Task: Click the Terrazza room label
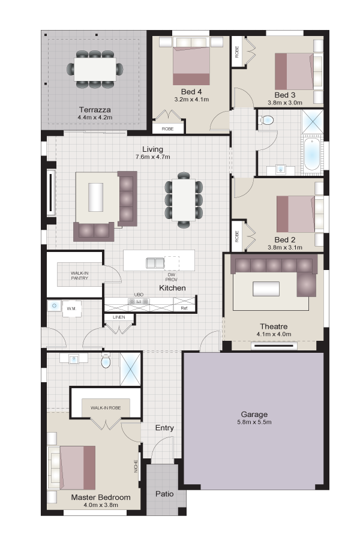click(95, 110)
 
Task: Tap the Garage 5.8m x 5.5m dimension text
click(254, 422)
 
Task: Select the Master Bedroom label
click(101, 497)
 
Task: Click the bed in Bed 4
click(191, 66)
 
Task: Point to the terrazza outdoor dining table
click(95, 69)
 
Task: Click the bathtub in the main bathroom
click(312, 155)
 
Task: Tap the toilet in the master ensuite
click(106, 361)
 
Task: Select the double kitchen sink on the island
click(155, 263)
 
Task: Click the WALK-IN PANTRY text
click(80, 275)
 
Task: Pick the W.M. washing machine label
click(71, 308)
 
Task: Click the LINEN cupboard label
click(119, 317)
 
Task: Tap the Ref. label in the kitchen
click(184, 308)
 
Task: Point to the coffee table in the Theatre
click(266, 289)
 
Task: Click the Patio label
click(164, 494)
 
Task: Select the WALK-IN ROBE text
click(106, 408)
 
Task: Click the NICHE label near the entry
click(136, 466)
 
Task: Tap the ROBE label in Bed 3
click(237, 52)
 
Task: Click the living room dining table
click(184, 200)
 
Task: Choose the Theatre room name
click(274, 326)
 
